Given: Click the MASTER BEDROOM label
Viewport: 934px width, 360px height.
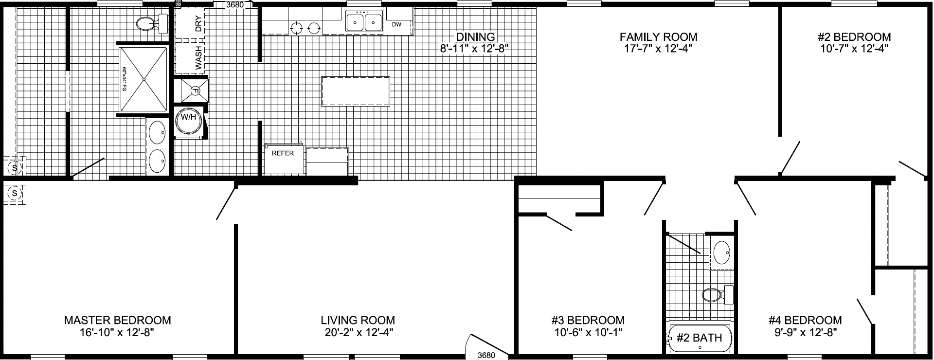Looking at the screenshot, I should pyautogui.click(x=117, y=320).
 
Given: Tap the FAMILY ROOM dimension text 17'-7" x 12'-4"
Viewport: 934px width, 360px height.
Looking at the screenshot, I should pyautogui.click(x=658, y=49).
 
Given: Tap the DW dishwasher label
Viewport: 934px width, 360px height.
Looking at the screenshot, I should pyautogui.click(x=396, y=24).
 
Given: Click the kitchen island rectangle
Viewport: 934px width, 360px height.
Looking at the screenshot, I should pyautogui.click(x=355, y=91).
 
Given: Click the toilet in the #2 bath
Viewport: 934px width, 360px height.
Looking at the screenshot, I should pyautogui.click(x=715, y=295).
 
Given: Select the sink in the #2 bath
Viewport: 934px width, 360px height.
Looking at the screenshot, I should pyautogui.click(x=722, y=252).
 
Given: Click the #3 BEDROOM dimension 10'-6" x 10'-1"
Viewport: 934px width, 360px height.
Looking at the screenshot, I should pyautogui.click(x=588, y=333).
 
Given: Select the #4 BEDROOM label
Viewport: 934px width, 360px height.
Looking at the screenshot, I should pyautogui.click(x=805, y=320).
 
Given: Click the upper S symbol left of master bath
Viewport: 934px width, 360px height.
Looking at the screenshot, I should pyautogui.click(x=15, y=168).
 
